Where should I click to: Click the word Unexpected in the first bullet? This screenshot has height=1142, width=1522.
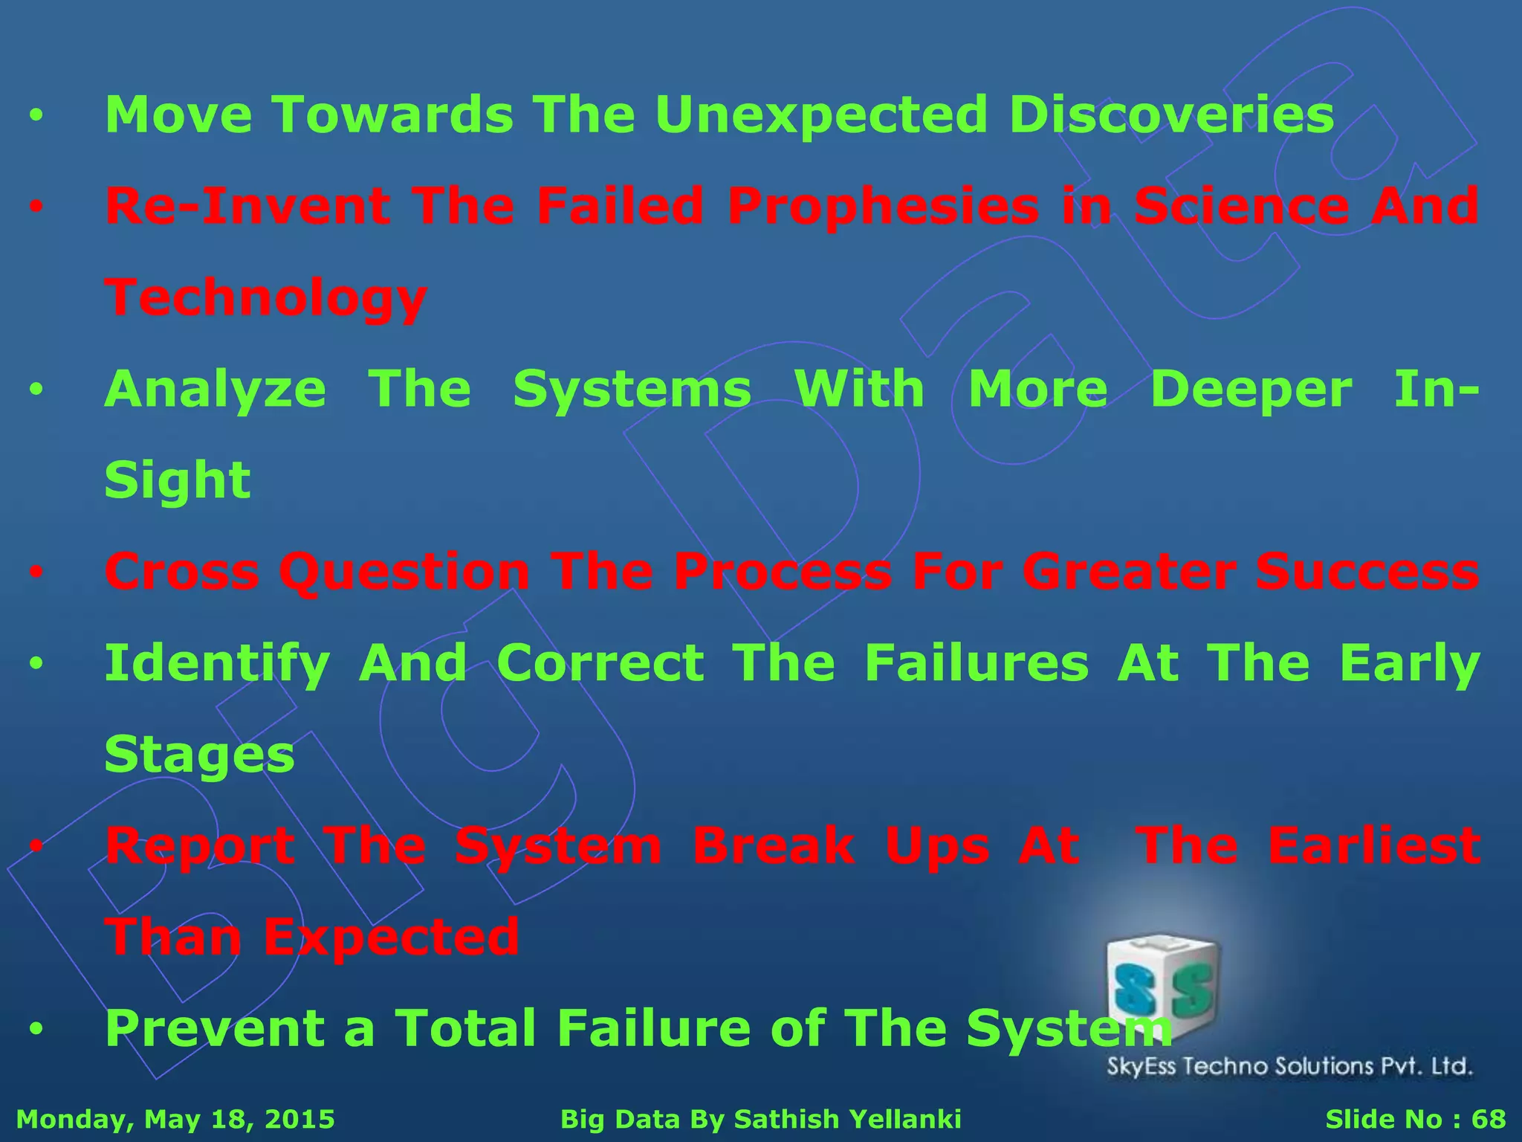(821, 115)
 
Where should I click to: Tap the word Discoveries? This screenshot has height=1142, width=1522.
(1171, 115)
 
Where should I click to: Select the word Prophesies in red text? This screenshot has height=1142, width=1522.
(883, 207)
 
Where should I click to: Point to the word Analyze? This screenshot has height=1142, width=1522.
(215, 390)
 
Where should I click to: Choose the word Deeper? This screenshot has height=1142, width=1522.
(1251, 390)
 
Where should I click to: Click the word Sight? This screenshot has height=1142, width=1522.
(178, 481)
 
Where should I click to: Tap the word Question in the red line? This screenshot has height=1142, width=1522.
(404, 572)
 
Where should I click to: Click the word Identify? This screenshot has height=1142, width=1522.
(217, 664)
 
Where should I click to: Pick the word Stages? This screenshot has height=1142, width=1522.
(199, 755)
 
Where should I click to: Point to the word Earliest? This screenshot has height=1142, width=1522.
(1374, 846)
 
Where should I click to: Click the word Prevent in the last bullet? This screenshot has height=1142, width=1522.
(215, 1028)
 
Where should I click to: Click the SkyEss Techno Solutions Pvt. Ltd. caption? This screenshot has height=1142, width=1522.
(1289, 1067)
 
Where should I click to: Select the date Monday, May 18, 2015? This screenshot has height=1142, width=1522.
(175, 1119)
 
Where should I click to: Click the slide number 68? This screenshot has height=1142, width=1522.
(1489, 1119)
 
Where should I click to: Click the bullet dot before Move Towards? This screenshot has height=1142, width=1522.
(36, 117)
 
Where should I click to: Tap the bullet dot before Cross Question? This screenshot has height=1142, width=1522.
(36, 573)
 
